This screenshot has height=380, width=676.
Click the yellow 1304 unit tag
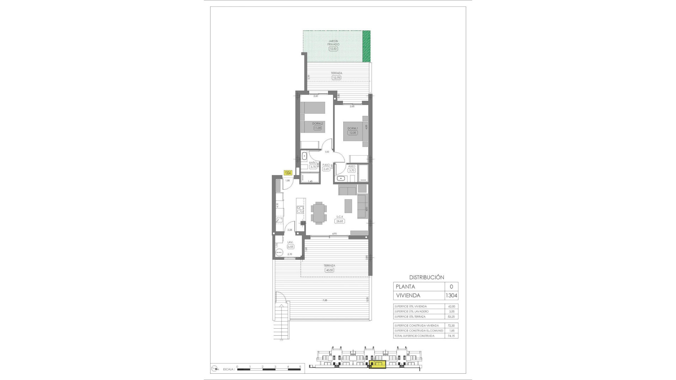coord(288,173)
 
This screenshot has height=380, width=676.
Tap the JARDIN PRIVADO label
coord(333,43)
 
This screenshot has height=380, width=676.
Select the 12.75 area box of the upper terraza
coord(336,77)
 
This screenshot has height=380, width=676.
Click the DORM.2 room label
coord(318,123)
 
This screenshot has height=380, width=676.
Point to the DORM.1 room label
coord(352,128)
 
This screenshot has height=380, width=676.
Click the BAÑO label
coord(313,163)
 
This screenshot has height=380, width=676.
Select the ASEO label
coord(351,166)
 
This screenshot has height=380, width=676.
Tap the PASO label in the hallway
coord(326,165)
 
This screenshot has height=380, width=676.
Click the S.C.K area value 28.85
coord(340,221)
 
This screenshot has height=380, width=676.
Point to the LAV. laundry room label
coord(290,242)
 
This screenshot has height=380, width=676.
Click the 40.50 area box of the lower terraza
coord(329,270)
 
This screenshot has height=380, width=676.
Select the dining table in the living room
coord(319,213)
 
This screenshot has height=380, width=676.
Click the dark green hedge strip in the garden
coord(367,45)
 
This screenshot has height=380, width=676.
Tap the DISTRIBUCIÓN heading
coord(426,277)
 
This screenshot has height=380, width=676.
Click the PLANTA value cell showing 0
coord(451,287)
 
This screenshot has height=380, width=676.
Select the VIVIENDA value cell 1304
coord(451,296)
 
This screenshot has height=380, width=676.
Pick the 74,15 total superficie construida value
coord(451,336)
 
